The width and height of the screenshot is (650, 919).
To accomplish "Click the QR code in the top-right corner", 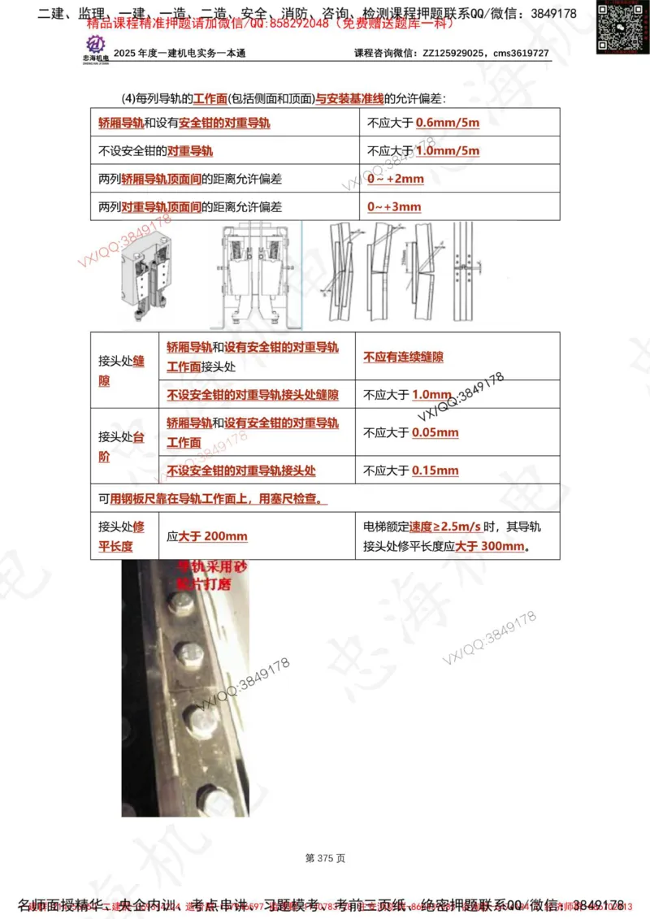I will [x=622, y=28].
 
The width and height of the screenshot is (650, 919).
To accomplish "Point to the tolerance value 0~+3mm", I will [x=394, y=206].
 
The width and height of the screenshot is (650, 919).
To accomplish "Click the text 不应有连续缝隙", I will [x=403, y=357].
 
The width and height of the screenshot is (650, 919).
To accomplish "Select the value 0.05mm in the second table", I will [x=435, y=432].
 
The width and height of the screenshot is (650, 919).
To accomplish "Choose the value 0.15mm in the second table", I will [x=435, y=470].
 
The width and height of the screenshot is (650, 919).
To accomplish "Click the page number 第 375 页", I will [x=325, y=858].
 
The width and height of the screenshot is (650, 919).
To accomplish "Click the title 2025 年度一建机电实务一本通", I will [x=180, y=54].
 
